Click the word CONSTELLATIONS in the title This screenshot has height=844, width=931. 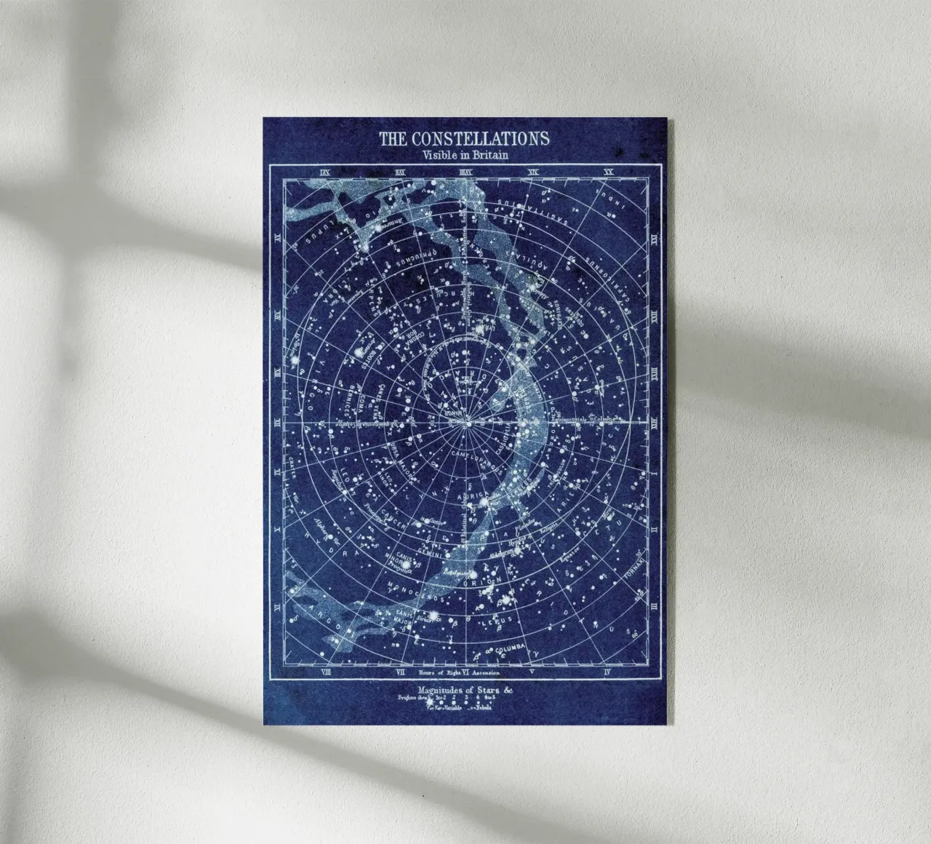point(480,138)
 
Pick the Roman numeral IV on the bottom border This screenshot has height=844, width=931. point(607,672)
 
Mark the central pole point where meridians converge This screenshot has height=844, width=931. point(468,422)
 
